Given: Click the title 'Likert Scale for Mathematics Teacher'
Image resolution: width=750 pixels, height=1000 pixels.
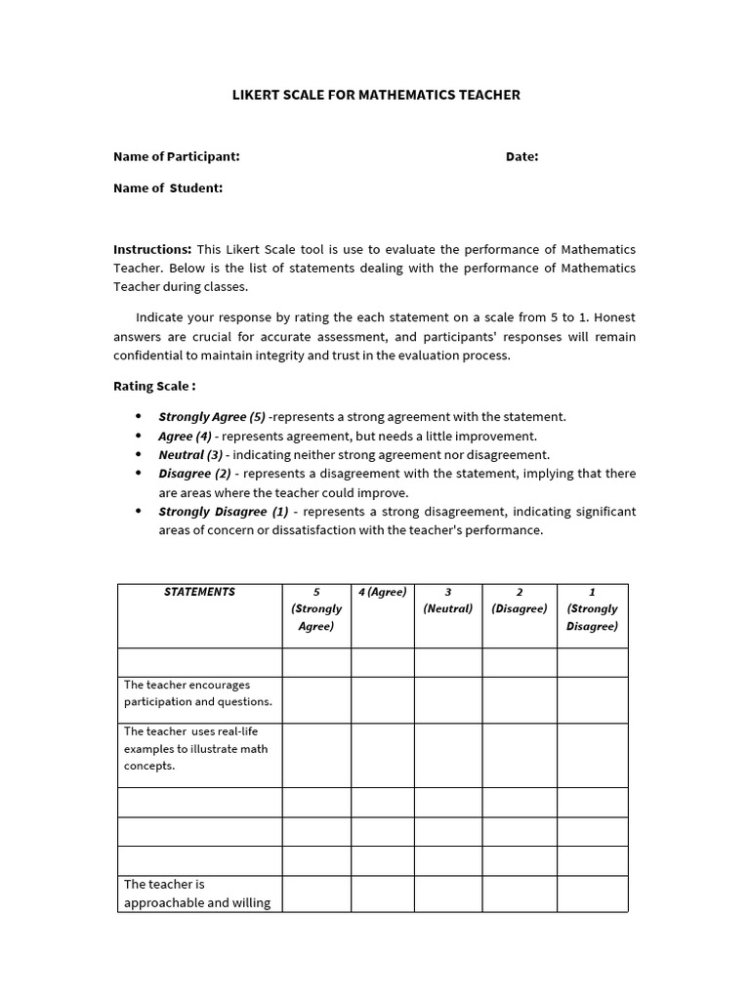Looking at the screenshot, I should click(375, 95).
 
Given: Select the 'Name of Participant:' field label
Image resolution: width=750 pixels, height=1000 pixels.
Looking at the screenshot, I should click(176, 156).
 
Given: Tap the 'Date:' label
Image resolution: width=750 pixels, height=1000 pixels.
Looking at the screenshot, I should click(521, 156).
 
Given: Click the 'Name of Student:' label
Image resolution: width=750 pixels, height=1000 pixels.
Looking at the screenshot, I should click(168, 187).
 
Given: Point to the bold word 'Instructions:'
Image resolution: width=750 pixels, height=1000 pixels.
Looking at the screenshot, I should click(152, 249).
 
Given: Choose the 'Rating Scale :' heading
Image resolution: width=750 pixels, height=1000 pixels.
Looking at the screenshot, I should click(154, 386).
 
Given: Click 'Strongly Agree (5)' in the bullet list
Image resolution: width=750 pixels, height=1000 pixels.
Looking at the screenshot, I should click(212, 416).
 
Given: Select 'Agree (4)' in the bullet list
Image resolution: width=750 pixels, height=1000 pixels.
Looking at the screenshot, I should click(185, 436).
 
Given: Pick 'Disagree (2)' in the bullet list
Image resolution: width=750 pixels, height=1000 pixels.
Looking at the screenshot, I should click(194, 474).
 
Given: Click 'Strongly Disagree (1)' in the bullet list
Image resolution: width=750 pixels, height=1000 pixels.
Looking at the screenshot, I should click(224, 512).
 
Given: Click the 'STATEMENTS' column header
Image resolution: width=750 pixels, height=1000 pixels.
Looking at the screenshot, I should click(199, 592).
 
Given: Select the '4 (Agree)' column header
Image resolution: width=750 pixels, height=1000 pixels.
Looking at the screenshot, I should click(383, 592).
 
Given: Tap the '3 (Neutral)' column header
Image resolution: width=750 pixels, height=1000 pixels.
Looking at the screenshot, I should click(447, 600).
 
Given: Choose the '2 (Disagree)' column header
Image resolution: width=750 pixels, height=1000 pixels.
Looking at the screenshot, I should click(520, 600).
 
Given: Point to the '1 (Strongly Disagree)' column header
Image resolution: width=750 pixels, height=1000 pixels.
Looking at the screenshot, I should click(592, 608).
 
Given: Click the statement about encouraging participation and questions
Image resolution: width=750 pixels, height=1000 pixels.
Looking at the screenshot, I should click(198, 693).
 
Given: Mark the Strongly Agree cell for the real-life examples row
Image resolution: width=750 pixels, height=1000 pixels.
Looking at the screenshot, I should click(316, 755).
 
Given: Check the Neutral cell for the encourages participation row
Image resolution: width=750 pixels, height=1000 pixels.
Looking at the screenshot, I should click(447, 699).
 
